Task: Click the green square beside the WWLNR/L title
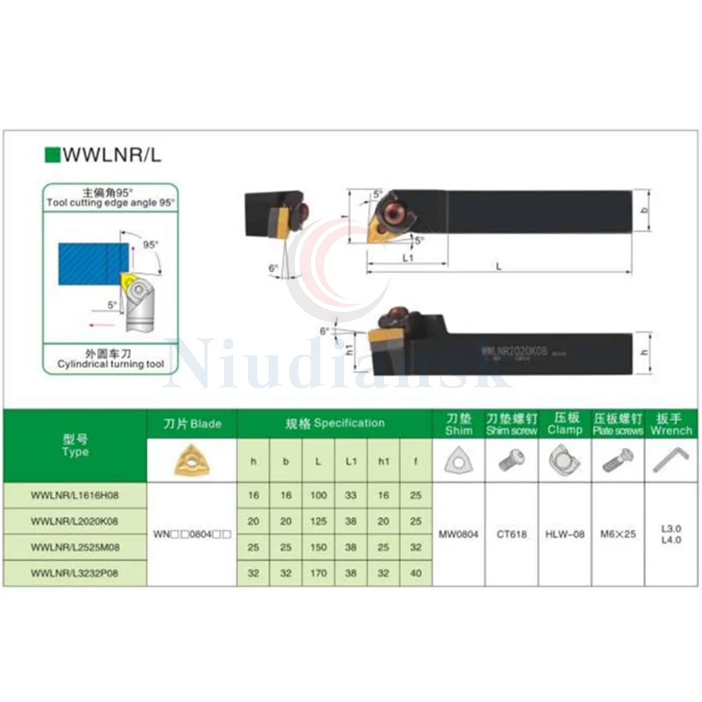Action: [52, 154]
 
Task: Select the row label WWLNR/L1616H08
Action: [76, 495]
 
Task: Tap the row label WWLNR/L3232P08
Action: [76, 573]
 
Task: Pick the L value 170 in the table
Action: [318, 573]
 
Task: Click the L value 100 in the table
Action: [318, 495]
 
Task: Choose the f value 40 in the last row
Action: [416, 573]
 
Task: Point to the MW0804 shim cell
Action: [459, 534]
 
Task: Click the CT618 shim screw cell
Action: [511, 534]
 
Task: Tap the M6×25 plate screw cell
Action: [619, 534]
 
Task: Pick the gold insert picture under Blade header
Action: [192, 459]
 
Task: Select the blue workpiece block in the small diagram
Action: [92, 264]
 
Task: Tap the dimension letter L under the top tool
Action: [498, 267]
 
